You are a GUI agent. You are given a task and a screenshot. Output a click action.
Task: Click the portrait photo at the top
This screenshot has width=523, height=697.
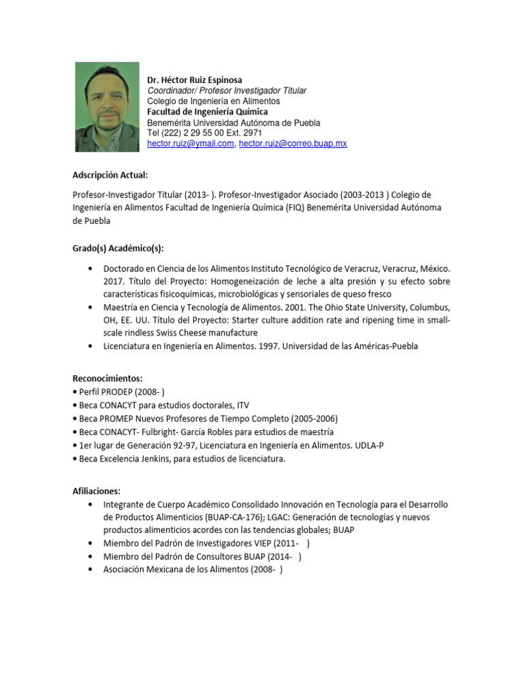tap(107, 107)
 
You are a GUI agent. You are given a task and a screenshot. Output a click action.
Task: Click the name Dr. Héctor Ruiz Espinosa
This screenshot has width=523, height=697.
tap(194, 80)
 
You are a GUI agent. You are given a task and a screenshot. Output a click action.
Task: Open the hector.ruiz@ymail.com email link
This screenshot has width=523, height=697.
tap(190, 144)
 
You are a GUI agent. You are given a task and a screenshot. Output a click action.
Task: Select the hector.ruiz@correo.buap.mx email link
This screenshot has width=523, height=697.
tap(293, 144)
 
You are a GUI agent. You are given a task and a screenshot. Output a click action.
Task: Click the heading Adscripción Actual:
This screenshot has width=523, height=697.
tap(110, 175)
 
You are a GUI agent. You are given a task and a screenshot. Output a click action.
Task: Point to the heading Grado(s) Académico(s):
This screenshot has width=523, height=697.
tap(118, 248)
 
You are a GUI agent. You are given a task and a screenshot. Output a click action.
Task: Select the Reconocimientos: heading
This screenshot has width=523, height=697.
tap(108, 378)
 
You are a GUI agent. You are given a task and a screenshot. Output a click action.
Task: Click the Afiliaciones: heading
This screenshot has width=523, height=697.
tap(96, 490)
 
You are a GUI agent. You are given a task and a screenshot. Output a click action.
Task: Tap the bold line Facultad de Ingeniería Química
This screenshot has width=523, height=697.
tap(207, 112)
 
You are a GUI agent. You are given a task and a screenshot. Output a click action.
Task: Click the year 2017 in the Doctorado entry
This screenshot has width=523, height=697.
tap(114, 281)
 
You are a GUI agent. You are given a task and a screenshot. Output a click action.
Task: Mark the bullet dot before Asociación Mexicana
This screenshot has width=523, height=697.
tap(91, 569)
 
